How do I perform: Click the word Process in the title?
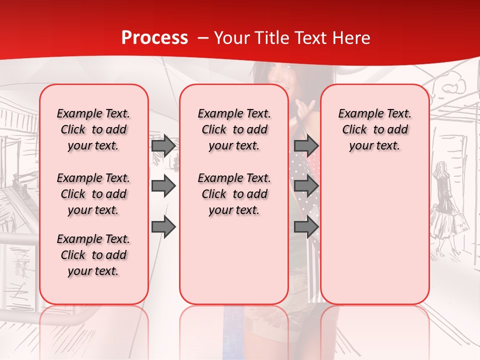point(154,38)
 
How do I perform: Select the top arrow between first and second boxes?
point(163,145)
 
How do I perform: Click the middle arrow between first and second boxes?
point(163,186)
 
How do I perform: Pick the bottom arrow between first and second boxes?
point(163,227)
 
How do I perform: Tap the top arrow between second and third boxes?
point(306,145)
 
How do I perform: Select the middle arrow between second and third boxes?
point(306,186)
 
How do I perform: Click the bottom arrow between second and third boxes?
point(306,227)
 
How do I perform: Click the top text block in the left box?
point(93,129)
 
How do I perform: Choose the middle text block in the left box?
point(93,194)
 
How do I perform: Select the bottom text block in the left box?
point(93,255)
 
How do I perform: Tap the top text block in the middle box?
point(234,129)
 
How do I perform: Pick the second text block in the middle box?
point(234,194)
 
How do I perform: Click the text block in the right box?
point(374,129)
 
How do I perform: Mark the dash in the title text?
point(203,38)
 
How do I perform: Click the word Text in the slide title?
point(311,38)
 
